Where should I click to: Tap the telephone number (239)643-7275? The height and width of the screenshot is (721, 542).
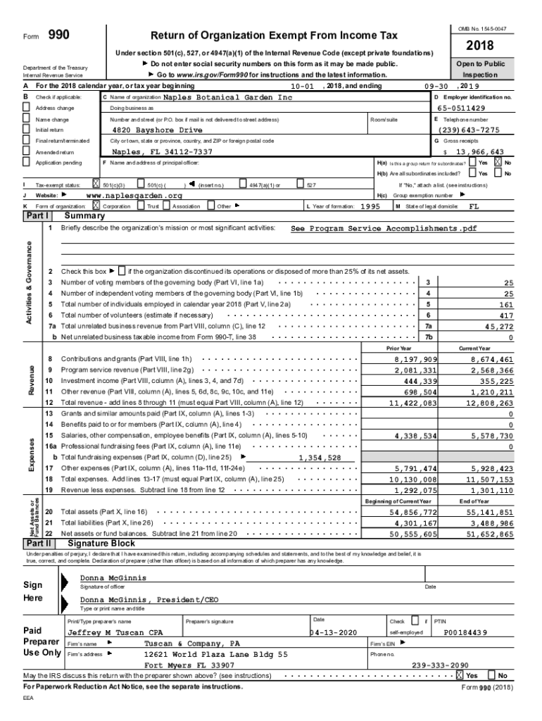(469, 130)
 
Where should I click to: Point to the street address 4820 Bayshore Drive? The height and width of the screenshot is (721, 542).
(157, 130)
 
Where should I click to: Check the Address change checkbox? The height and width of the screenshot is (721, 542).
(27, 108)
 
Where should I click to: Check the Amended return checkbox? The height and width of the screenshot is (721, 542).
(27, 152)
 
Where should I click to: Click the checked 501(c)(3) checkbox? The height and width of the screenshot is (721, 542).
(96, 184)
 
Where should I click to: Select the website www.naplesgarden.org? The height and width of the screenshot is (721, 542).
(134, 195)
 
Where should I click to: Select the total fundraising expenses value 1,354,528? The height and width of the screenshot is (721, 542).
(320, 458)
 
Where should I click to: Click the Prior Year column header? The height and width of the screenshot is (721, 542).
(399, 349)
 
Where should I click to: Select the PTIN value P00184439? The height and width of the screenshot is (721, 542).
(465, 633)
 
